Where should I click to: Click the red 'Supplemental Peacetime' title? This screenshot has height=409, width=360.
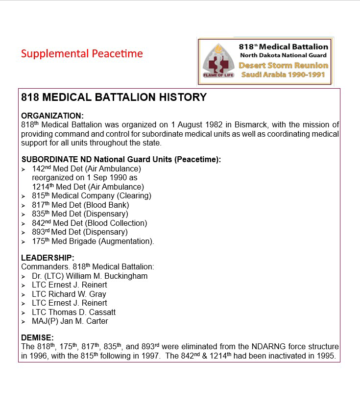click(x=82, y=53)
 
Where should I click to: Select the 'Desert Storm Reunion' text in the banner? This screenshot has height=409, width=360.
click(x=284, y=65)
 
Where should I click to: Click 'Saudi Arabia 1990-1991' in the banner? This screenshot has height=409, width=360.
click(x=284, y=75)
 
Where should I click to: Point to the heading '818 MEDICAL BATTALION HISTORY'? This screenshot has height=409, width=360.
click(x=114, y=97)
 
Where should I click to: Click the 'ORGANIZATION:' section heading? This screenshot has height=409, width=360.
click(x=52, y=116)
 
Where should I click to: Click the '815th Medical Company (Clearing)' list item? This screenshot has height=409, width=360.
click(x=92, y=196)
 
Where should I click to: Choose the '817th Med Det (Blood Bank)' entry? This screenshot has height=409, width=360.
click(x=80, y=205)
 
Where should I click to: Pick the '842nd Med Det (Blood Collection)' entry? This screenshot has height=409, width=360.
click(x=89, y=223)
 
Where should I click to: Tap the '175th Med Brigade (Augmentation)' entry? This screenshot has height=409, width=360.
click(x=93, y=241)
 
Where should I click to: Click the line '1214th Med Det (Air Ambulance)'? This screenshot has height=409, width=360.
click(x=88, y=187)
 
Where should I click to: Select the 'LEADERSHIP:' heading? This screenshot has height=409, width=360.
click(x=48, y=258)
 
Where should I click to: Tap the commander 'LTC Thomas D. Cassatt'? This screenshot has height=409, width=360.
click(x=73, y=312)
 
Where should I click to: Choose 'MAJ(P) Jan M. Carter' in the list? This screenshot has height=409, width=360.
click(x=70, y=321)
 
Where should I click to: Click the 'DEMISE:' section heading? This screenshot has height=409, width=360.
click(x=37, y=337)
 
